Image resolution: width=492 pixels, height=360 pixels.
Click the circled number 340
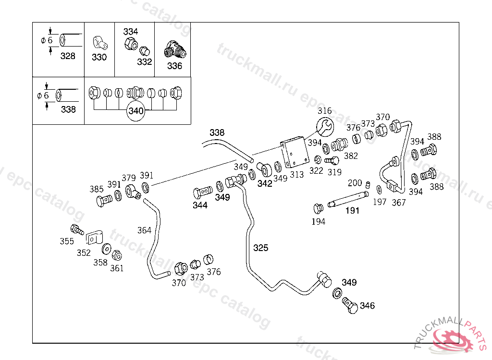136,111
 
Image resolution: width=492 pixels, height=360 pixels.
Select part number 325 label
261,248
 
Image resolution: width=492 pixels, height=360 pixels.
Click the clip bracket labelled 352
95,238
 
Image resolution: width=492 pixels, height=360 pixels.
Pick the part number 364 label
144,230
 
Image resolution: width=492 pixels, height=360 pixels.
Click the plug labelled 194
318,209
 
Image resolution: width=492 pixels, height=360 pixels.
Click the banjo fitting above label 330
99,42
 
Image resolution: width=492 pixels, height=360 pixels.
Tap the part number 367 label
398,203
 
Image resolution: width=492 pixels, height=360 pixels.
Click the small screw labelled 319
332,160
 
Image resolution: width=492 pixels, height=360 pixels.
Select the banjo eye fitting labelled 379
133,191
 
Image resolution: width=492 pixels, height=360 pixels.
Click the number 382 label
351,156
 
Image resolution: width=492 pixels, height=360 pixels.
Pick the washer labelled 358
106,249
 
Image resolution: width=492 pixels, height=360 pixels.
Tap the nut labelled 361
116,256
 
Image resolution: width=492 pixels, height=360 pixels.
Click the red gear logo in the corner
452,338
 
